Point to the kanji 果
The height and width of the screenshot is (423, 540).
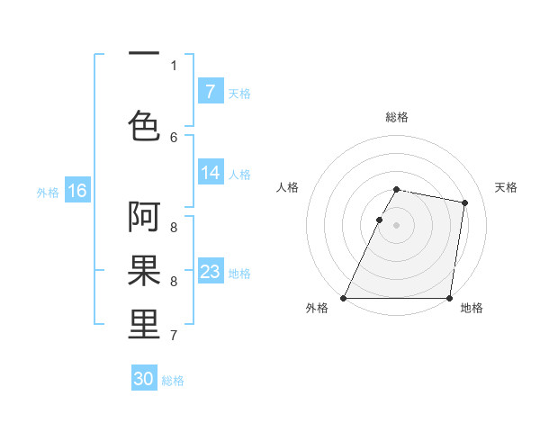[145, 270]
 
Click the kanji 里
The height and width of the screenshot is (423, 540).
[145, 325]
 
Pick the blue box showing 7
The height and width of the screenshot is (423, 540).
[210, 92]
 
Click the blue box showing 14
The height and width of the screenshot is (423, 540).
[210, 173]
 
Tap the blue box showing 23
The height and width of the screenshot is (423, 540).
[210, 272]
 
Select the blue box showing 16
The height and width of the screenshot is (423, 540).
[76, 191]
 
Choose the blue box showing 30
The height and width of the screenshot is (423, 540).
[144, 379]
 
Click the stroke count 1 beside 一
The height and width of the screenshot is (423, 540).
[174, 66]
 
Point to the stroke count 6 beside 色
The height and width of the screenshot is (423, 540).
[174, 137]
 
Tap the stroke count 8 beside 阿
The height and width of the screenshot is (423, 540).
[174, 228]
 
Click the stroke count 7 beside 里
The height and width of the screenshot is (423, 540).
[174, 336]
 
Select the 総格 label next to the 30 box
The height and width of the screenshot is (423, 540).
[173, 380]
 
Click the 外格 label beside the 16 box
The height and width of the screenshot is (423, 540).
[48, 192]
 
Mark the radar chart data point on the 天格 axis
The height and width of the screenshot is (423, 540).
[464, 203]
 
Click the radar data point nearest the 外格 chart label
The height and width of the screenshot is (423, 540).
[344, 298]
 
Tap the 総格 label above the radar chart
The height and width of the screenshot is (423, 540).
[396, 117]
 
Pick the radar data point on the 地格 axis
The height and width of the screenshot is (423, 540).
[448, 298]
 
